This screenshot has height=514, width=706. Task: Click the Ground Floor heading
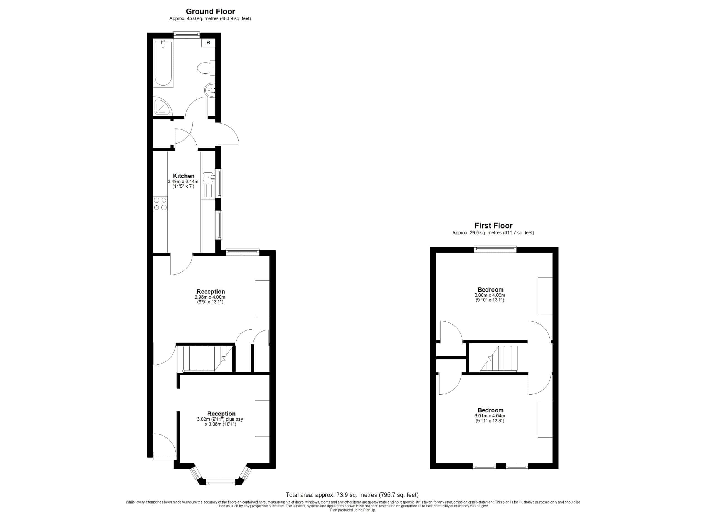pos(210,12)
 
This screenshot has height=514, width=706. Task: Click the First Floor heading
pos(493,226)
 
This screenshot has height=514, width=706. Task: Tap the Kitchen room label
pos(184,176)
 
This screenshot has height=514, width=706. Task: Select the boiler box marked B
pos(208,43)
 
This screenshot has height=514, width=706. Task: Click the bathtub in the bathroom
pos(163,63)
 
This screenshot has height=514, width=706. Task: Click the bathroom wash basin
pos(210,90)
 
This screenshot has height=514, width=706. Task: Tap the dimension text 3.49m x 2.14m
pos(183,182)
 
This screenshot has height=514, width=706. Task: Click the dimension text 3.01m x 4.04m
pos(490,416)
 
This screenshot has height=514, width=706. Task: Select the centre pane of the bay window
pos(221,483)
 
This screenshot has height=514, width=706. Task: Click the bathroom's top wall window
pos(187,35)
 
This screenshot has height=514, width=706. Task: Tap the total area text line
pos(352,495)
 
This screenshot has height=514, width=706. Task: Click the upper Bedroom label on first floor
pos(491,290)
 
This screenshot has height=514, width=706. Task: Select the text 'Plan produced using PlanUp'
pos(353,510)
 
